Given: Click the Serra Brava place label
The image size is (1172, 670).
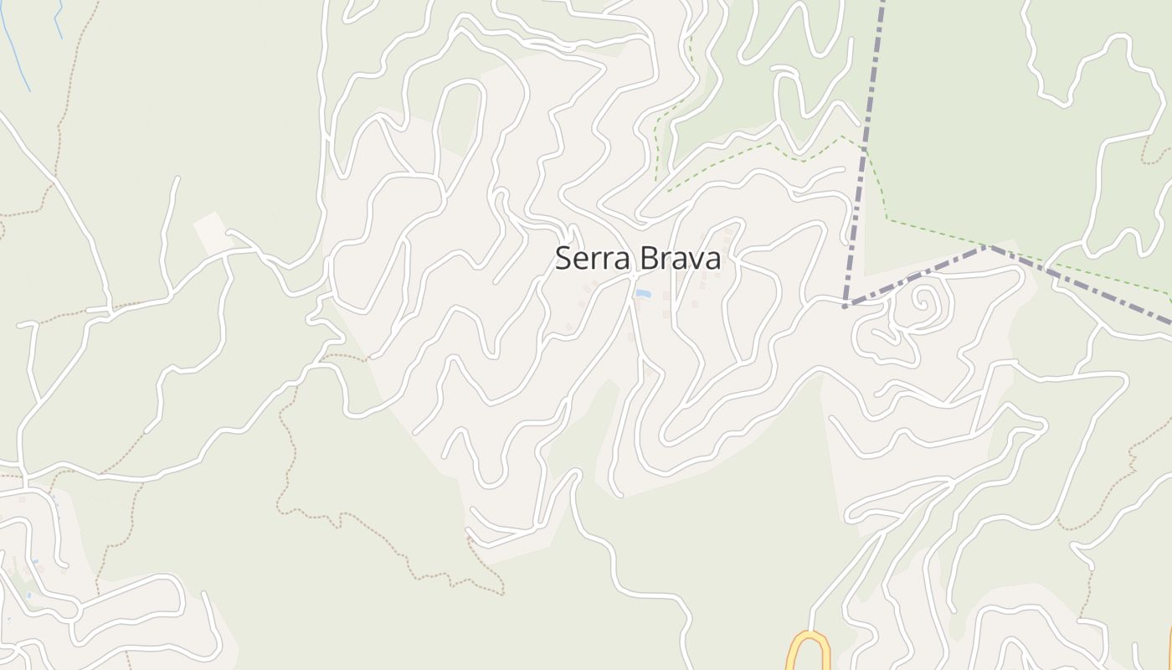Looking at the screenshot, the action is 638,258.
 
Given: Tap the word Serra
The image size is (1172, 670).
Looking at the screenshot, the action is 591,258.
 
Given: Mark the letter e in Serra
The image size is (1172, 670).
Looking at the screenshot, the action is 581,260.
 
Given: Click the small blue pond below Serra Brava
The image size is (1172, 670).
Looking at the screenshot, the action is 643,294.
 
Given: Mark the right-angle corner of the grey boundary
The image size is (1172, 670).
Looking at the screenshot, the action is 846,303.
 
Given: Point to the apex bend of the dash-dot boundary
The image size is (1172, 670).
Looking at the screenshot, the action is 990,247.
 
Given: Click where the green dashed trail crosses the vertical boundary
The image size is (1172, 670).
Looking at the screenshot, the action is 864,149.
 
